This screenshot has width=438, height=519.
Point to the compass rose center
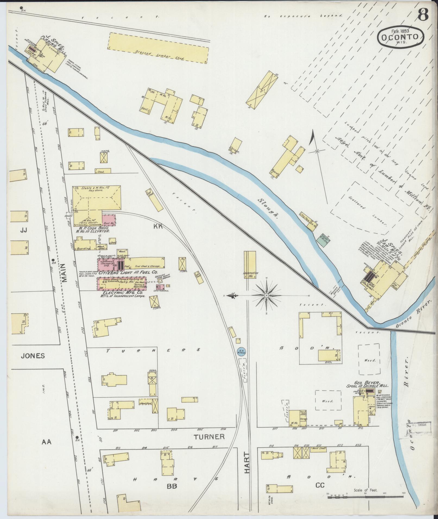coord(267,295)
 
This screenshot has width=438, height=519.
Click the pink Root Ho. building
coord(109,220)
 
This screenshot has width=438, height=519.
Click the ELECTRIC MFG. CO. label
coord(124,293)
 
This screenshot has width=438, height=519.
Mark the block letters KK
coord(158,226)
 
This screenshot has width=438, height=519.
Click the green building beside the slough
coord(322,240)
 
